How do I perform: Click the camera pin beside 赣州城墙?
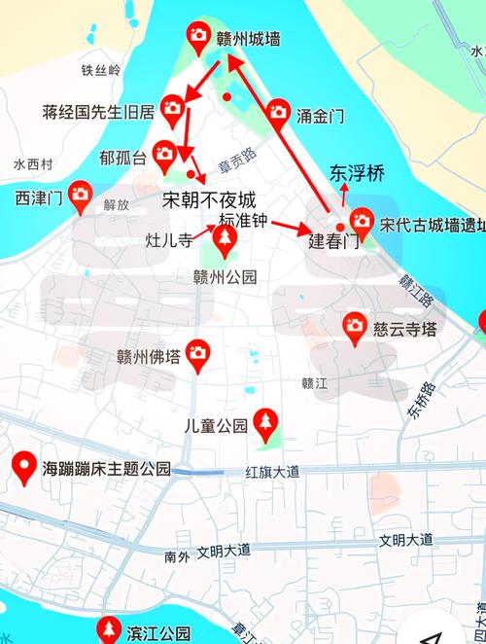click(198, 37)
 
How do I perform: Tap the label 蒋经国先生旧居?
click(98, 111)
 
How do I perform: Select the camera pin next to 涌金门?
click(279, 112)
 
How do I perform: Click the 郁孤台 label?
click(122, 157)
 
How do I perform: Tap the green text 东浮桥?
click(357, 174)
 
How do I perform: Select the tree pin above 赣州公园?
click(225, 239)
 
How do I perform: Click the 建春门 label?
click(334, 240)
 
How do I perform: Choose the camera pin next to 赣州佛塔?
click(198, 352)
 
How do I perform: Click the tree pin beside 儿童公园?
click(265, 422)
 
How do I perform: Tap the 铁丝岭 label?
click(101, 70)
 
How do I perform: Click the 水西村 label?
click(32, 164)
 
